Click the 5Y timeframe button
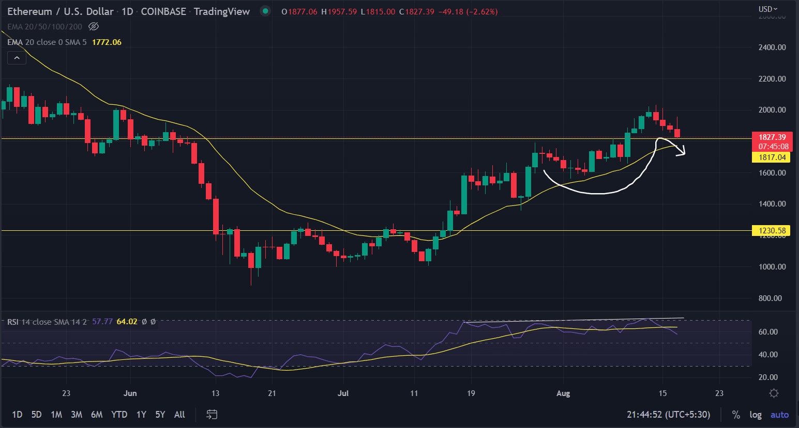tap(160, 415)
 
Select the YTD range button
tap(119, 415)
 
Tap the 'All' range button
tap(179, 415)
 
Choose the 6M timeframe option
tap(97, 415)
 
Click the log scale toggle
tap(756, 415)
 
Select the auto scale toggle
tap(779, 415)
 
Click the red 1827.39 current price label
tap(771, 137)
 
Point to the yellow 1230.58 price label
tap(771, 231)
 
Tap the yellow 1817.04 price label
tap(771, 157)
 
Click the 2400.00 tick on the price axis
tap(772, 47)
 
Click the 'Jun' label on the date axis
tap(130, 393)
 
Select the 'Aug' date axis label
tap(563, 393)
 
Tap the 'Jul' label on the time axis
tap(343, 393)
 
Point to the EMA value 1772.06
tap(107, 42)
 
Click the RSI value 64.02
tap(127, 322)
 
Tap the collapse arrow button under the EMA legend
tap(17, 58)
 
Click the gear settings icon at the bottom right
tap(774, 393)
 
